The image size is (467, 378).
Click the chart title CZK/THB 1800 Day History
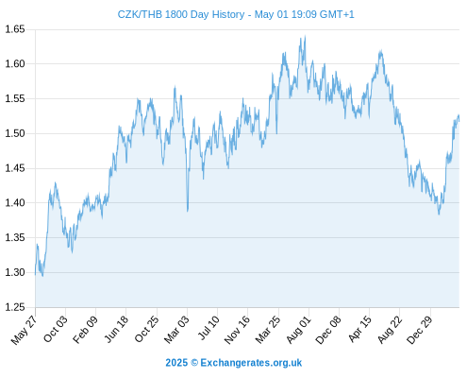(181, 14)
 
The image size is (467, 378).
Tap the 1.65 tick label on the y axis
(15, 29)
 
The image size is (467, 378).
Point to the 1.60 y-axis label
(15, 64)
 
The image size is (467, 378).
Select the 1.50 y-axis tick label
(15, 133)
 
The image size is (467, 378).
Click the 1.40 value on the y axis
(15, 203)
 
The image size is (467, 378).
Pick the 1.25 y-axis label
(15, 307)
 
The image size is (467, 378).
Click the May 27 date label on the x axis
(24, 330)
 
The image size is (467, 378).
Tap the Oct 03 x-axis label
(56, 329)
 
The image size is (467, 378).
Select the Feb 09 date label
(85, 329)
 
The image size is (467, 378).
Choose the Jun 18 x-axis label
(116, 329)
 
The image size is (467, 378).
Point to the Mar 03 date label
(176, 329)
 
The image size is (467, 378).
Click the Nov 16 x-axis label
(237, 330)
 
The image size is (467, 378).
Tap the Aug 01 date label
(298, 330)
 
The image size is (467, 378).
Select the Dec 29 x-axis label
(420, 330)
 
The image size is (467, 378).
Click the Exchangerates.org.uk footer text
(251, 363)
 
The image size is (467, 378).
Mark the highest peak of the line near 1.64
(305, 37)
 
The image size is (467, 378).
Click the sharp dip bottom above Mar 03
(188, 211)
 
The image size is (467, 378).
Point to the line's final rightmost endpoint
(459, 120)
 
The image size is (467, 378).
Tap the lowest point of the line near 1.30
(42, 276)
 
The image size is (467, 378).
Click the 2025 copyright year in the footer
(176, 363)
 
